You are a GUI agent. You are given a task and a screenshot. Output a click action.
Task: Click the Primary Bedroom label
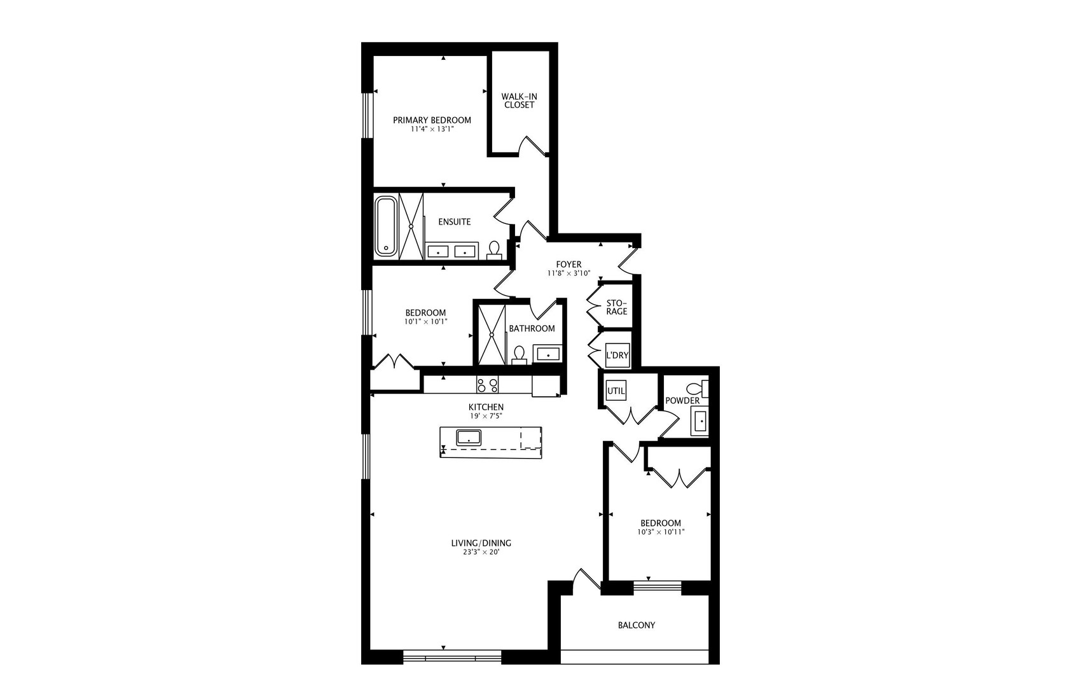(432, 120)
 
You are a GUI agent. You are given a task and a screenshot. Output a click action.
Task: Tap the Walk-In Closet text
(519, 101)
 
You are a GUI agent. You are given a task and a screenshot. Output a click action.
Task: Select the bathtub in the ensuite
(385, 226)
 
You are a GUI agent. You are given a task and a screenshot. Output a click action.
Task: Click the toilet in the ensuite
(493, 249)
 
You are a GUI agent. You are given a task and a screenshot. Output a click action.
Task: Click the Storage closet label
(616, 307)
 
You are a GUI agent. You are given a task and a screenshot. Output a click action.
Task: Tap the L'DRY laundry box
(617, 356)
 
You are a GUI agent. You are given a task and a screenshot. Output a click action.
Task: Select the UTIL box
(616, 391)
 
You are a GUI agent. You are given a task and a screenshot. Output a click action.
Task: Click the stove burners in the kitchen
(487, 385)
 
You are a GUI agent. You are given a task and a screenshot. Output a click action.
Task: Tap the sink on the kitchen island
(469, 437)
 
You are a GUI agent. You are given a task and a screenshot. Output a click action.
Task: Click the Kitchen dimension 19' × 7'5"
(486, 416)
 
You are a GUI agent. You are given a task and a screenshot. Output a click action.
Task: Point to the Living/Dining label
(481, 543)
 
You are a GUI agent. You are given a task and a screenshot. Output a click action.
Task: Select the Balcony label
(636, 625)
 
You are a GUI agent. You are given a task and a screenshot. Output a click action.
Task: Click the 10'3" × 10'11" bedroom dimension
(661, 532)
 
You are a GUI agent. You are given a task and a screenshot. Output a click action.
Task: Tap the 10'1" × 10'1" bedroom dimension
(425, 322)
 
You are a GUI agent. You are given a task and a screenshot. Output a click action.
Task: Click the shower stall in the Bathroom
(491, 334)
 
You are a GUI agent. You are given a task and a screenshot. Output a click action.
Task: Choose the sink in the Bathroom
(547, 354)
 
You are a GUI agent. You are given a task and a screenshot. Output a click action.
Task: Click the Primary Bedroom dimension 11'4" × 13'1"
(432, 129)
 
